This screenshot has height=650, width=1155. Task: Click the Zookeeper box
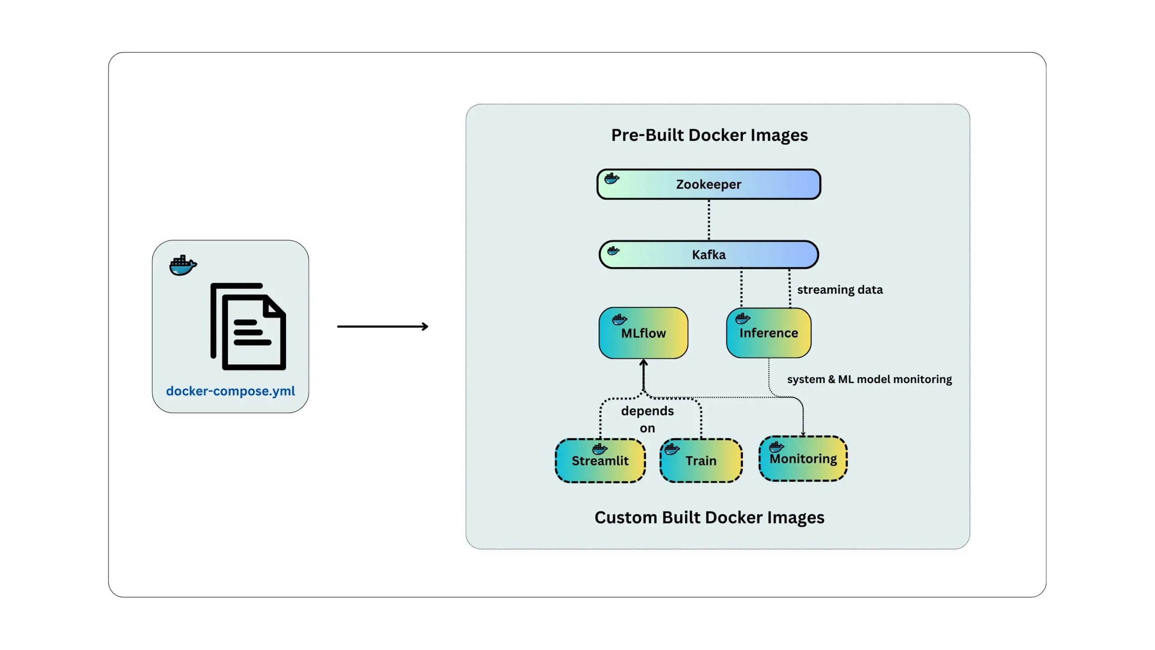point(708,184)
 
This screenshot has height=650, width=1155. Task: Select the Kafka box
point(708,255)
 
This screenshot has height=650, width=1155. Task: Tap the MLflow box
point(643,333)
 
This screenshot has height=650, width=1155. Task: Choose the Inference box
point(768,333)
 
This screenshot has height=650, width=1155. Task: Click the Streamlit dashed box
point(600,461)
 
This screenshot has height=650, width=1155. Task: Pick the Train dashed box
point(701,461)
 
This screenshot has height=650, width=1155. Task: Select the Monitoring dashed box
point(803,459)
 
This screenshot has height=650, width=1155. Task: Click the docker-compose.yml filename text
point(230,391)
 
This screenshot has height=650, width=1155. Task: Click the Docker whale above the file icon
point(183,265)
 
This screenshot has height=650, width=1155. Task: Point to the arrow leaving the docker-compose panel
point(383,326)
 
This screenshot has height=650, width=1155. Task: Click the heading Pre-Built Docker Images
point(709,135)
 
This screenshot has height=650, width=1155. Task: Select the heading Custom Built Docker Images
point(709,517)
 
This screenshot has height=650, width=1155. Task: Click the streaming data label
point(840,290)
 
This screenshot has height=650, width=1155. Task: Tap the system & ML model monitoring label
point(869,379)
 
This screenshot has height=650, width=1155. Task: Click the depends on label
point(647,419)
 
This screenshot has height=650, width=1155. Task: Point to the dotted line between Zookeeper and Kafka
point(709,220)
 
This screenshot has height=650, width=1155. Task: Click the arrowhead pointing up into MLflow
point(644,362)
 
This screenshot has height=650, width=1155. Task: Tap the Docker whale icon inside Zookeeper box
point(612,178)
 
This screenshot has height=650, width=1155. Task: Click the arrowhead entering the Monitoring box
point(803,434)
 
